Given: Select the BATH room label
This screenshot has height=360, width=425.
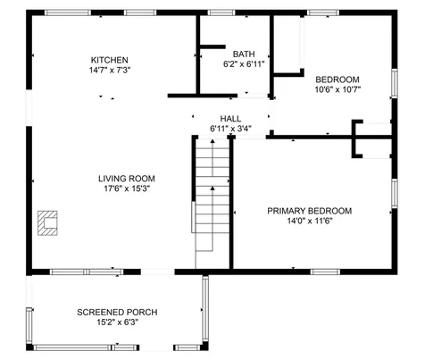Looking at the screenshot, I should point(243,54).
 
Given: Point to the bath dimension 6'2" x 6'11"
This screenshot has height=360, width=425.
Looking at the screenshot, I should point(243,64).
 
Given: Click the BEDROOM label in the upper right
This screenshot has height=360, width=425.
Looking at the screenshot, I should point(337,79).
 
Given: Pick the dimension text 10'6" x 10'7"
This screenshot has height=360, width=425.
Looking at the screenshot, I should point(337,89).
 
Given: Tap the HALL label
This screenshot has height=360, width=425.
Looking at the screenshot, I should point(230,118).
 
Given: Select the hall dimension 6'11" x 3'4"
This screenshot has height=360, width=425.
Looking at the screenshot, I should point(230,129).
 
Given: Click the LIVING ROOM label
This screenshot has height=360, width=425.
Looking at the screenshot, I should point(126,179).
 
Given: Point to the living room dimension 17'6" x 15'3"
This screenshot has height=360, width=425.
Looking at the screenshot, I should point(126,189).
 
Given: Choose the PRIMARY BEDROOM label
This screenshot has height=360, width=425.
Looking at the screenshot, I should point(309,211).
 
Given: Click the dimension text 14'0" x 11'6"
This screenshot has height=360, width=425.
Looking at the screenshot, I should point(309,222).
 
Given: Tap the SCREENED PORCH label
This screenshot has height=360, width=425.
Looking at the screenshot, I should point(117,312).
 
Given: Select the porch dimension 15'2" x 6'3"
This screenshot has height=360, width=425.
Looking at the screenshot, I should point(117,322).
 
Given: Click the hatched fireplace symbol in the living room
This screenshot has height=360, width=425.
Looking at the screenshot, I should point(48,221).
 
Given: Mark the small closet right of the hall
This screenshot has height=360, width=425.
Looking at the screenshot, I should point(374,138).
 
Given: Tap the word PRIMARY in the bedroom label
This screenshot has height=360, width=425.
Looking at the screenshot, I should point(287,211).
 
